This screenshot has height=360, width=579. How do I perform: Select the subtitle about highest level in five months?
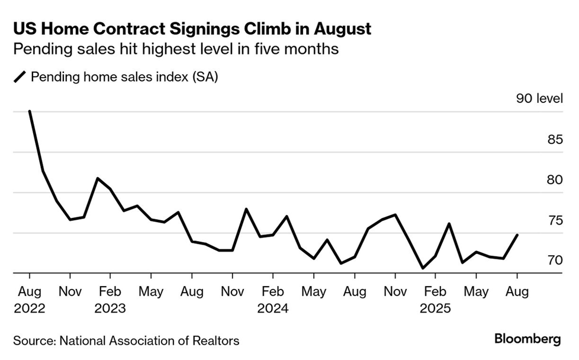pyautogui.click(x=176, y=49)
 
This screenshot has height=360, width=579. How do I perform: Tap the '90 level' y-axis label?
pyautogui.click(x=539, y=99)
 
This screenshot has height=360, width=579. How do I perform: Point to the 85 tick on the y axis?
pyautogui.click(x=555, y=140)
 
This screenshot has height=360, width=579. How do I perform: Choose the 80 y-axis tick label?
pyautogui.click(x=555, y=180)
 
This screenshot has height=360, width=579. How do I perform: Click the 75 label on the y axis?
pyautogui.click(x=555, y=221)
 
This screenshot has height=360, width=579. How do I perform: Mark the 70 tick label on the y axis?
pyautogui.click(x=555, y=261)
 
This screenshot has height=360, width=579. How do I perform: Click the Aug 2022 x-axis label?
pyautogui.click(x=30, y=300)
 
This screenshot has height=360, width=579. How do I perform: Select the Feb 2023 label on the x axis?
pyautogui.click(x=110, y=300)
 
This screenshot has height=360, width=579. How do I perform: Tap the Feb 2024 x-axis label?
pyautogui.click(x=272, y=300)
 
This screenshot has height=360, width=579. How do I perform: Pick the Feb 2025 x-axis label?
pyautogui.click(x=435, y=300)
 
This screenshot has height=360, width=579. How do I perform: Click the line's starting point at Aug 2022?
pyautogui.click(x=30, y=111)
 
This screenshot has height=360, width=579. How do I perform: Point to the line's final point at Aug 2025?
pyautogui.click(x=517, y=235)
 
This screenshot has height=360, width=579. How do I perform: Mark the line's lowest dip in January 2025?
pyautogui.click(x=422, y=268)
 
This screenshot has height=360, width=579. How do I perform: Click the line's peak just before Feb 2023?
pyautogui.click(x=98, y=178)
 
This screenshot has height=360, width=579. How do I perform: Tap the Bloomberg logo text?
pyautogui.click(x=527, y=340)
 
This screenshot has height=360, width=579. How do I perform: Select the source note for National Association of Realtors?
pyautogui.click(x=126, y=340)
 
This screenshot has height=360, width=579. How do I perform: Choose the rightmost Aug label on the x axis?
pyautogui.click(x=517, y=291)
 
